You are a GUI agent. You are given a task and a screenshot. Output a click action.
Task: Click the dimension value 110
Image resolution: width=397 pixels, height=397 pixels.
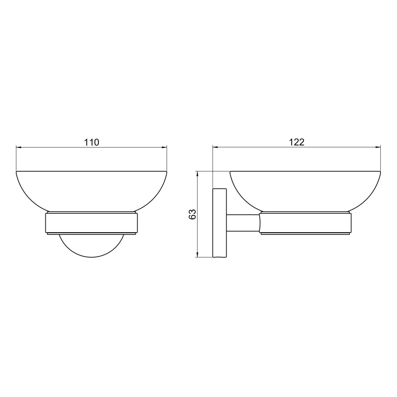click(91, 142)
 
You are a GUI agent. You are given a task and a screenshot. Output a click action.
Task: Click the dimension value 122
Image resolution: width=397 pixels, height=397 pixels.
click(297, 142)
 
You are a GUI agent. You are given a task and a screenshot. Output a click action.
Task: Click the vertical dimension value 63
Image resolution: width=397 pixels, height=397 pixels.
click(193, 214)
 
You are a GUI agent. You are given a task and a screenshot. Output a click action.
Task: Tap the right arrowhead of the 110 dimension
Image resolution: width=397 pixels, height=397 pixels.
click(164, 147)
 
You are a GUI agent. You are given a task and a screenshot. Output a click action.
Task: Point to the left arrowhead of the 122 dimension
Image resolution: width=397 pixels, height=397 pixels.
click(215, 147)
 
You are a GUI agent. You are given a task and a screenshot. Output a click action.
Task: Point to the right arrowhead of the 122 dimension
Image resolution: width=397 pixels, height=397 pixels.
click(378, 147)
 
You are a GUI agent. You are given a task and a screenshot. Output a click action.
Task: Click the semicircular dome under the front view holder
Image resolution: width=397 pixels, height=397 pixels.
click(91, 257)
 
